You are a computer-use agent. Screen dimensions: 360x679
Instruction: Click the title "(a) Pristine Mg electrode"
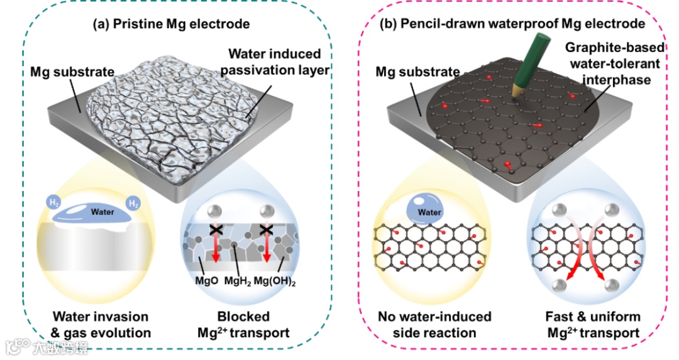click(171, 25)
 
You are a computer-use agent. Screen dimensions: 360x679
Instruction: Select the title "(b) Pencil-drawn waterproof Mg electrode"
click(512, 25)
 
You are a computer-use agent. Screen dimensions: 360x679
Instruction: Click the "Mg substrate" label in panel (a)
click(63, 73)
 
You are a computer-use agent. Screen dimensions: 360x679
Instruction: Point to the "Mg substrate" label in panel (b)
click(417, 73)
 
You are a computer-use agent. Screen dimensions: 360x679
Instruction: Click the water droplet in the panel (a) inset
click(102, 213)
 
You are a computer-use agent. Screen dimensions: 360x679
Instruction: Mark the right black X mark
click(265, 231)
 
